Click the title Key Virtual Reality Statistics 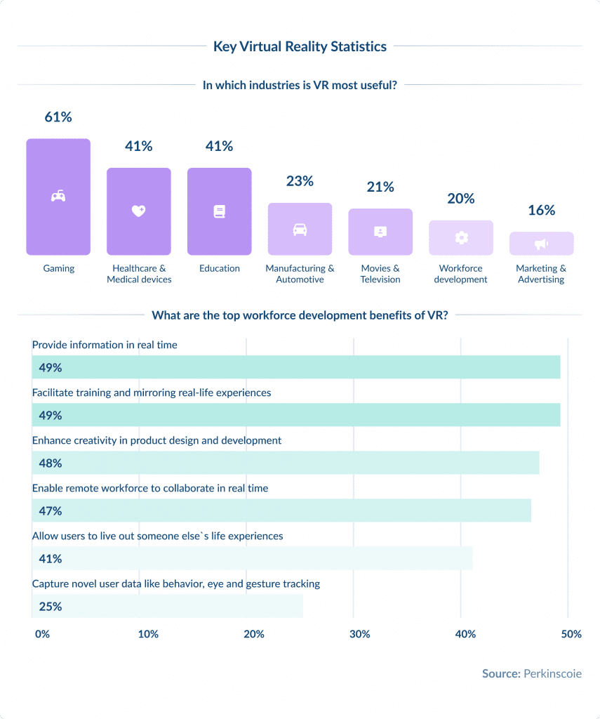[x=300, y=47]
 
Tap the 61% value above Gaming [x=58, y=117]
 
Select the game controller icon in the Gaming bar [x=58, y=197]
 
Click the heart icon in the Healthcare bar [x=138, y=211]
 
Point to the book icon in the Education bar [x=219, y=211]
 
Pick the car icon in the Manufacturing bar [x=300, y=229]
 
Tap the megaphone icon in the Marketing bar [x=541, y=244]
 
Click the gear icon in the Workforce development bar [x=461, y=238]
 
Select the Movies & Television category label [x=380, y=274]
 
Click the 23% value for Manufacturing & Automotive [x=300, y=181]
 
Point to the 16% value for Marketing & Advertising [x=541, y=210]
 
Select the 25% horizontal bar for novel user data [x=168, y=606]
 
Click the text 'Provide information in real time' [x=105, y=345]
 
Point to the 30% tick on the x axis [x=359, y=634]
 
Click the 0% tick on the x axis [x=42, y=634]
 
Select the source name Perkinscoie [x=552, y=674]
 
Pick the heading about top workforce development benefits [x=300, y=315]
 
